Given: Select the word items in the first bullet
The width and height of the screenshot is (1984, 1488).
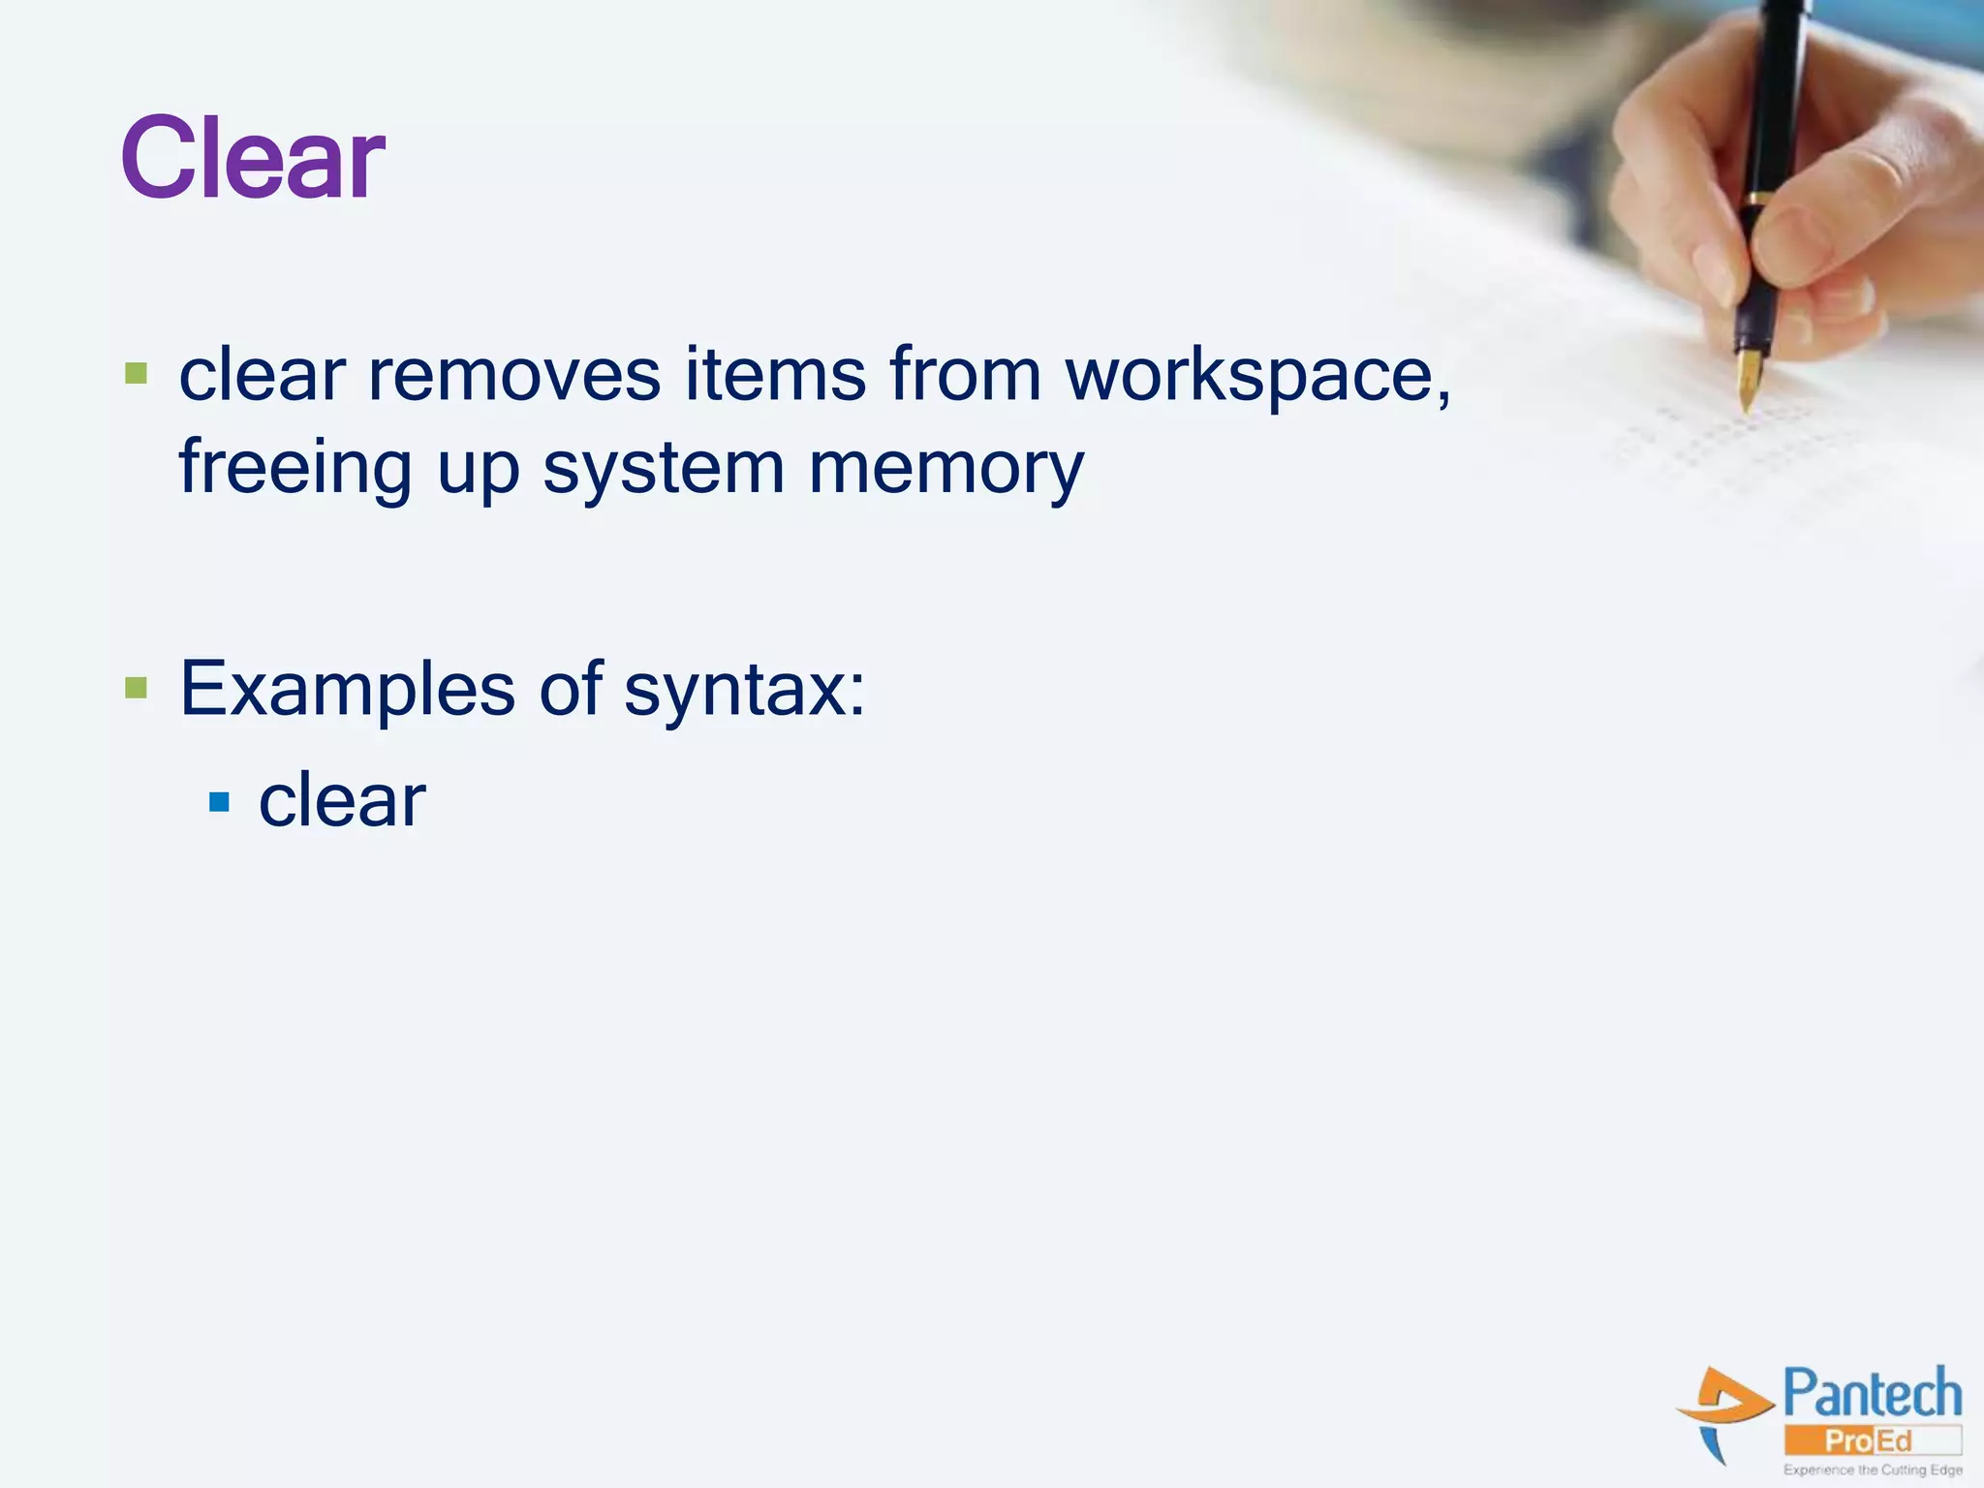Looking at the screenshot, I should (x=775, y=375).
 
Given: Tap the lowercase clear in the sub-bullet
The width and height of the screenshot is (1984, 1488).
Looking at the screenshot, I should (x=341, y=801).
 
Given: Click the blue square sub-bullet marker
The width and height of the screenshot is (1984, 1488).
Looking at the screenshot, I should (x=220, y=802).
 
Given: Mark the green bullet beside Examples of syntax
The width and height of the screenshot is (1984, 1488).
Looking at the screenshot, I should (x=137, y=689).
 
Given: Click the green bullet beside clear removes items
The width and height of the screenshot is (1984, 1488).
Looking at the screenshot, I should (x=137, y=373).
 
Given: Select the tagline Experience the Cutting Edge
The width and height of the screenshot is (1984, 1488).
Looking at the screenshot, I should (x=1873, y=1470).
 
